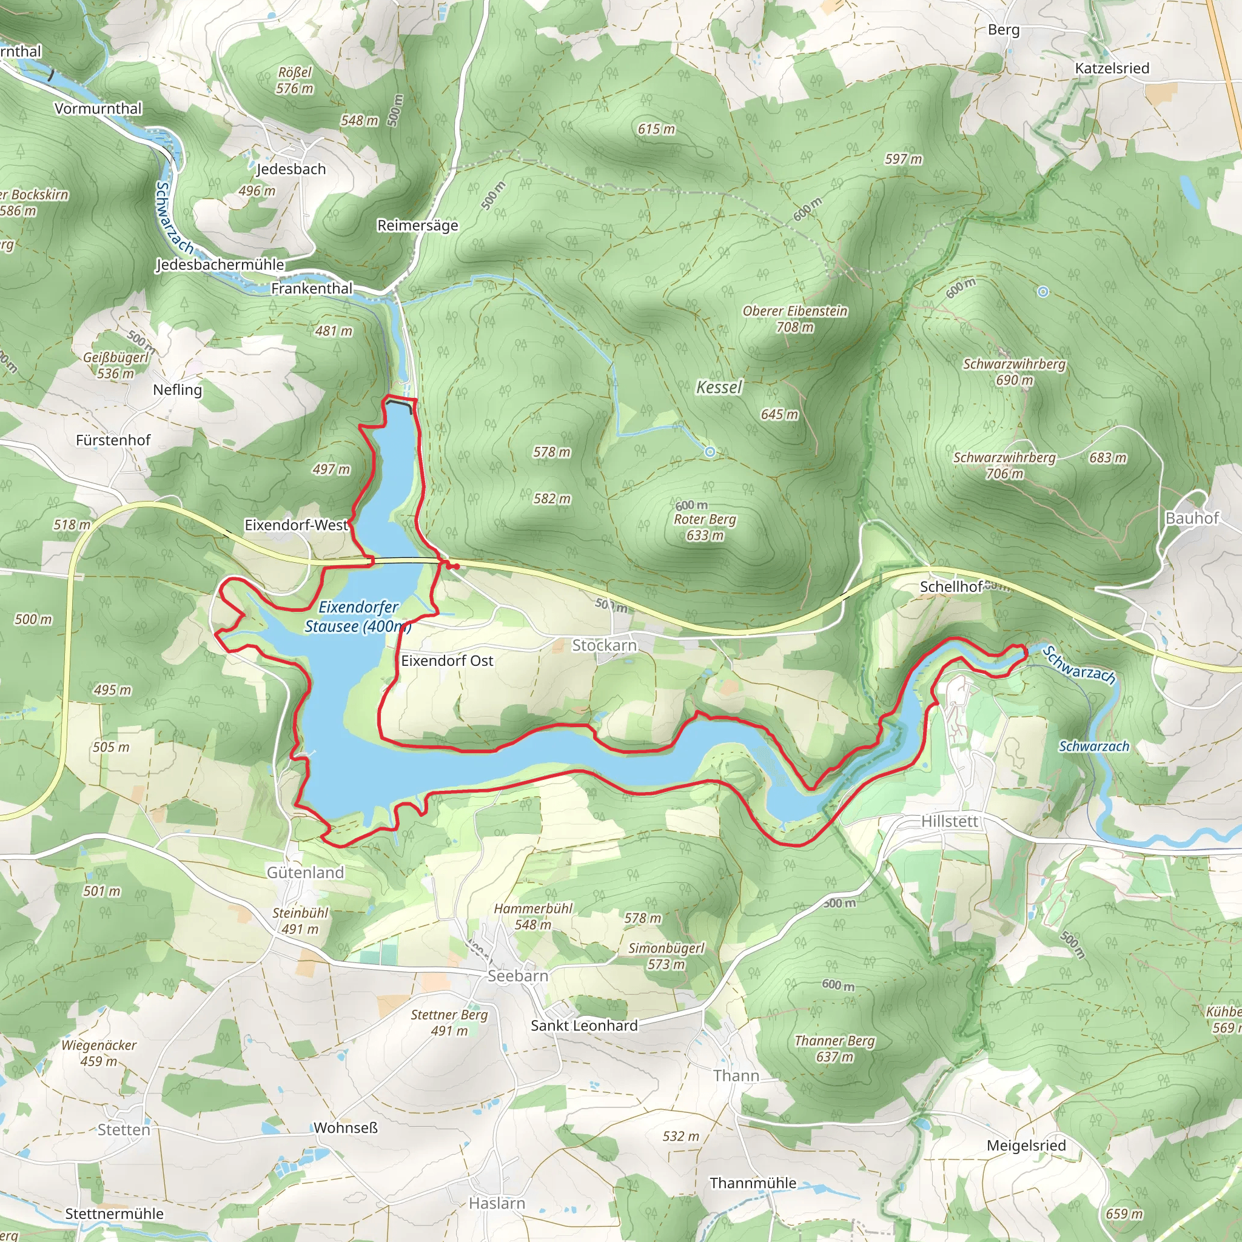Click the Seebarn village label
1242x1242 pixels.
click(x=517, y=975)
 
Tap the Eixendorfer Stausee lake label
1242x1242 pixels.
click(x=357, y=617)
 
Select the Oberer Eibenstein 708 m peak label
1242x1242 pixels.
click(x=795, y=319)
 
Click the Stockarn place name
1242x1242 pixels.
click(x=604, y=645)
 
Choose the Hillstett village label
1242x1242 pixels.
click(x=950, y=821)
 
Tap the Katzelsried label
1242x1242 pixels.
click(x=1112, y=68)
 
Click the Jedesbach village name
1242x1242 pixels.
click(x=291, y=169)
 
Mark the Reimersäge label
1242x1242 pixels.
click(x=418, y=226)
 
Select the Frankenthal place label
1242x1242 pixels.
click(x=312, y=289)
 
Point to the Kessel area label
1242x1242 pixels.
click(x=719, y=387)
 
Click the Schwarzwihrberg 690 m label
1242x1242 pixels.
click(x=1014, y=372)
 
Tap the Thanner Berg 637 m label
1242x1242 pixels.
click(x=834, y=1049)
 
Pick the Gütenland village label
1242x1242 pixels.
click(x=306, y=872)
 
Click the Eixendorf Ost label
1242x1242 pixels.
click(x=447, y=661)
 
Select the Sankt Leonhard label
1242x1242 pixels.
click(x=584, y=1025)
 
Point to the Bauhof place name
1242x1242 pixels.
click(x=1192, y=518)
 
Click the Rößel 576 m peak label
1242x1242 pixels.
click(x=295, y=81)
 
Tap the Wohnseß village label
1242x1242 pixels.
click(x=345, y=1128)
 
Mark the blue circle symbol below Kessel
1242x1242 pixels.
click(x=710, y=452)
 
